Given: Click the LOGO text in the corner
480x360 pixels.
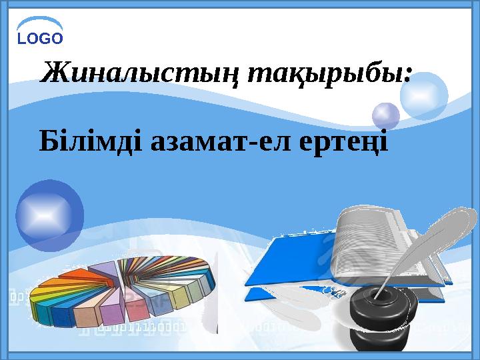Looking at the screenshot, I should click(x=40, y=38).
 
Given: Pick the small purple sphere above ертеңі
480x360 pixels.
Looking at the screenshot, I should click(x=385, y=115).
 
